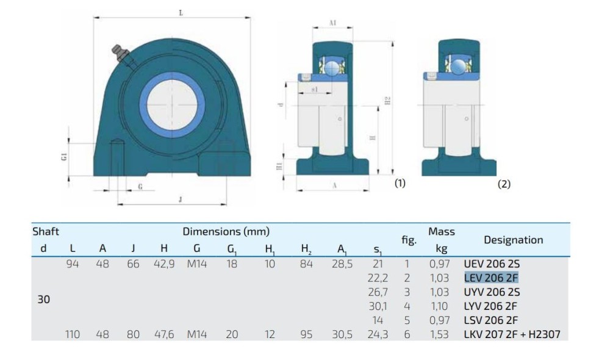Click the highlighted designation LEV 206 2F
pyautogui.click(x=491, y=278)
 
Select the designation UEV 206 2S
pyautogui.click(x=492, y=264)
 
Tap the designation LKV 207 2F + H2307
pyautogui.click(x=512, y=334)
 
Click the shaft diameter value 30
pyautogui.click(x=43, y=299)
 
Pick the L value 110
pyautogui.click(x=73, y=334)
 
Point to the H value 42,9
pyautogui.click(x=164, y=264)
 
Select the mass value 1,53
pyautogui.click(x=439, y=335)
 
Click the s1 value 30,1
pyautogui.click(x=378, y=306)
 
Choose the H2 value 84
pyautogui.click(x=306, y=264)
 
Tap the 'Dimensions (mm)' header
pyautogui.click(x=226, y=232)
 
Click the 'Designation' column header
pyautogui.click(x=513, y=240)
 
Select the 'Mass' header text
pyautogui.click(x=442, y=232)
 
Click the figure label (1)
pyautogui.click(x=400, y=183)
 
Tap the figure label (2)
pyautogui.click(x=504, y=184)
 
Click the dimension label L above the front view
pyautogui.click(x=181, y=13)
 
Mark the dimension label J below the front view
pyautogui.click(x=180, y=200)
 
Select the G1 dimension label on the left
pyautogui.click(x=64, y=157)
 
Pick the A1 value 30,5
pyautogui.click(x=342, y=335)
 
